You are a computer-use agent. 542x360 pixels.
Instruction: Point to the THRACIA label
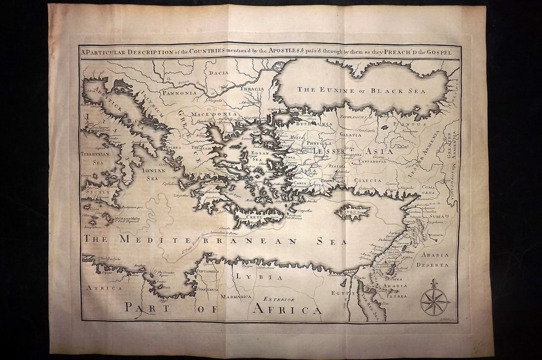(x=252, y=89)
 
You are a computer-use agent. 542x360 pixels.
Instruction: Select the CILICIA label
(x=368, y=180)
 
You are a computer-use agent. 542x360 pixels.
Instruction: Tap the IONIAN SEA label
(x=152, y=173)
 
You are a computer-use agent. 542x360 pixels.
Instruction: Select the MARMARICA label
(x=236, y=297)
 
